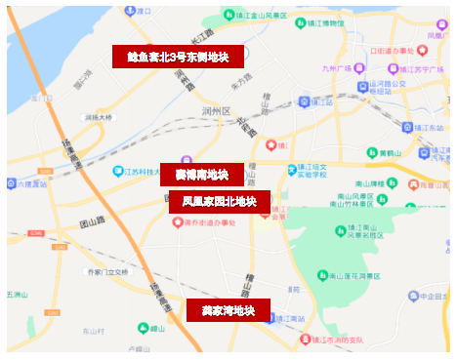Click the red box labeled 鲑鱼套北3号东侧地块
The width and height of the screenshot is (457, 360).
pos(178,57)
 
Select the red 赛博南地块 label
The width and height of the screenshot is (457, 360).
pos(201,175)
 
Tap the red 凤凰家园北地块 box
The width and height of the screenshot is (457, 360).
pos(219,202)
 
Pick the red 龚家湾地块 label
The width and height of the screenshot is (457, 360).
pos(228,311)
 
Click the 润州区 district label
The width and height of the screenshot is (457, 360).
pos(214,112)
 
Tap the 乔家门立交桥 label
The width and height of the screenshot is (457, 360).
pos(106,271)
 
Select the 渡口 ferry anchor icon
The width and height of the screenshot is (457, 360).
pos(129,11)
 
